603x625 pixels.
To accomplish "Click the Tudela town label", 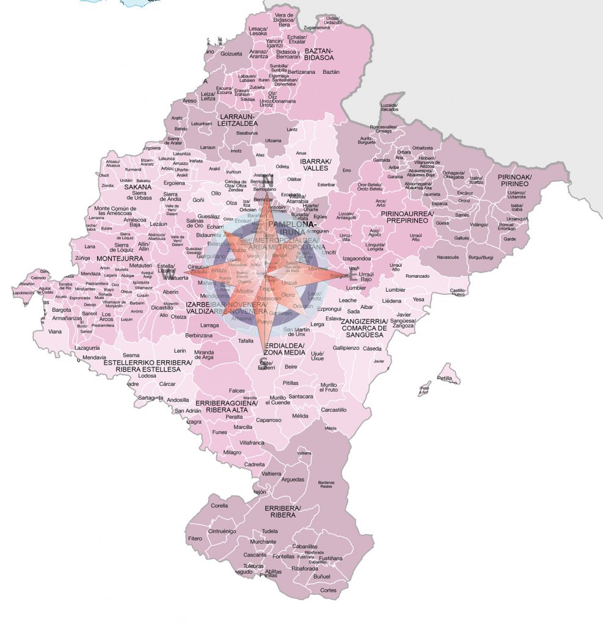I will pyautogui.click(x=269, y=531).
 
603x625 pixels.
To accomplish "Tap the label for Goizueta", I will pyautogui.click(x=231, y=54).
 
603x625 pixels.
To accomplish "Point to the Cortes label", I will pyautogui.click(x=328, y=590).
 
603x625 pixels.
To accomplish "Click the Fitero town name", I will pyautogui.click(x=195, y=538).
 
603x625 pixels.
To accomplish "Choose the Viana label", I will pyautogui.click(x=56, y=331).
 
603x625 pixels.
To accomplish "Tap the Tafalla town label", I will pyautogui.click(x=246, y=341).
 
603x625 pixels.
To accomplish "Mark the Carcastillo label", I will pyautogui.click(x=334, y=410).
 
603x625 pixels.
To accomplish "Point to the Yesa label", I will pyautogui.click(x=418, y=299).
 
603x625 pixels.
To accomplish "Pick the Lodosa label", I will pyautogui.click(x=147, y=375).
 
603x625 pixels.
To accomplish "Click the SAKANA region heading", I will pyautogui.click(x=137, y=187).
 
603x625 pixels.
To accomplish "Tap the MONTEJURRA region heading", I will pyautogui.click(x=120, y=258).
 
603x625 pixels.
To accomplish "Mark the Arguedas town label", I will pyautogui.click(x=293, y=479).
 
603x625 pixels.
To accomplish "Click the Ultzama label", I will pyautogui.click(x=273, y=140).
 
